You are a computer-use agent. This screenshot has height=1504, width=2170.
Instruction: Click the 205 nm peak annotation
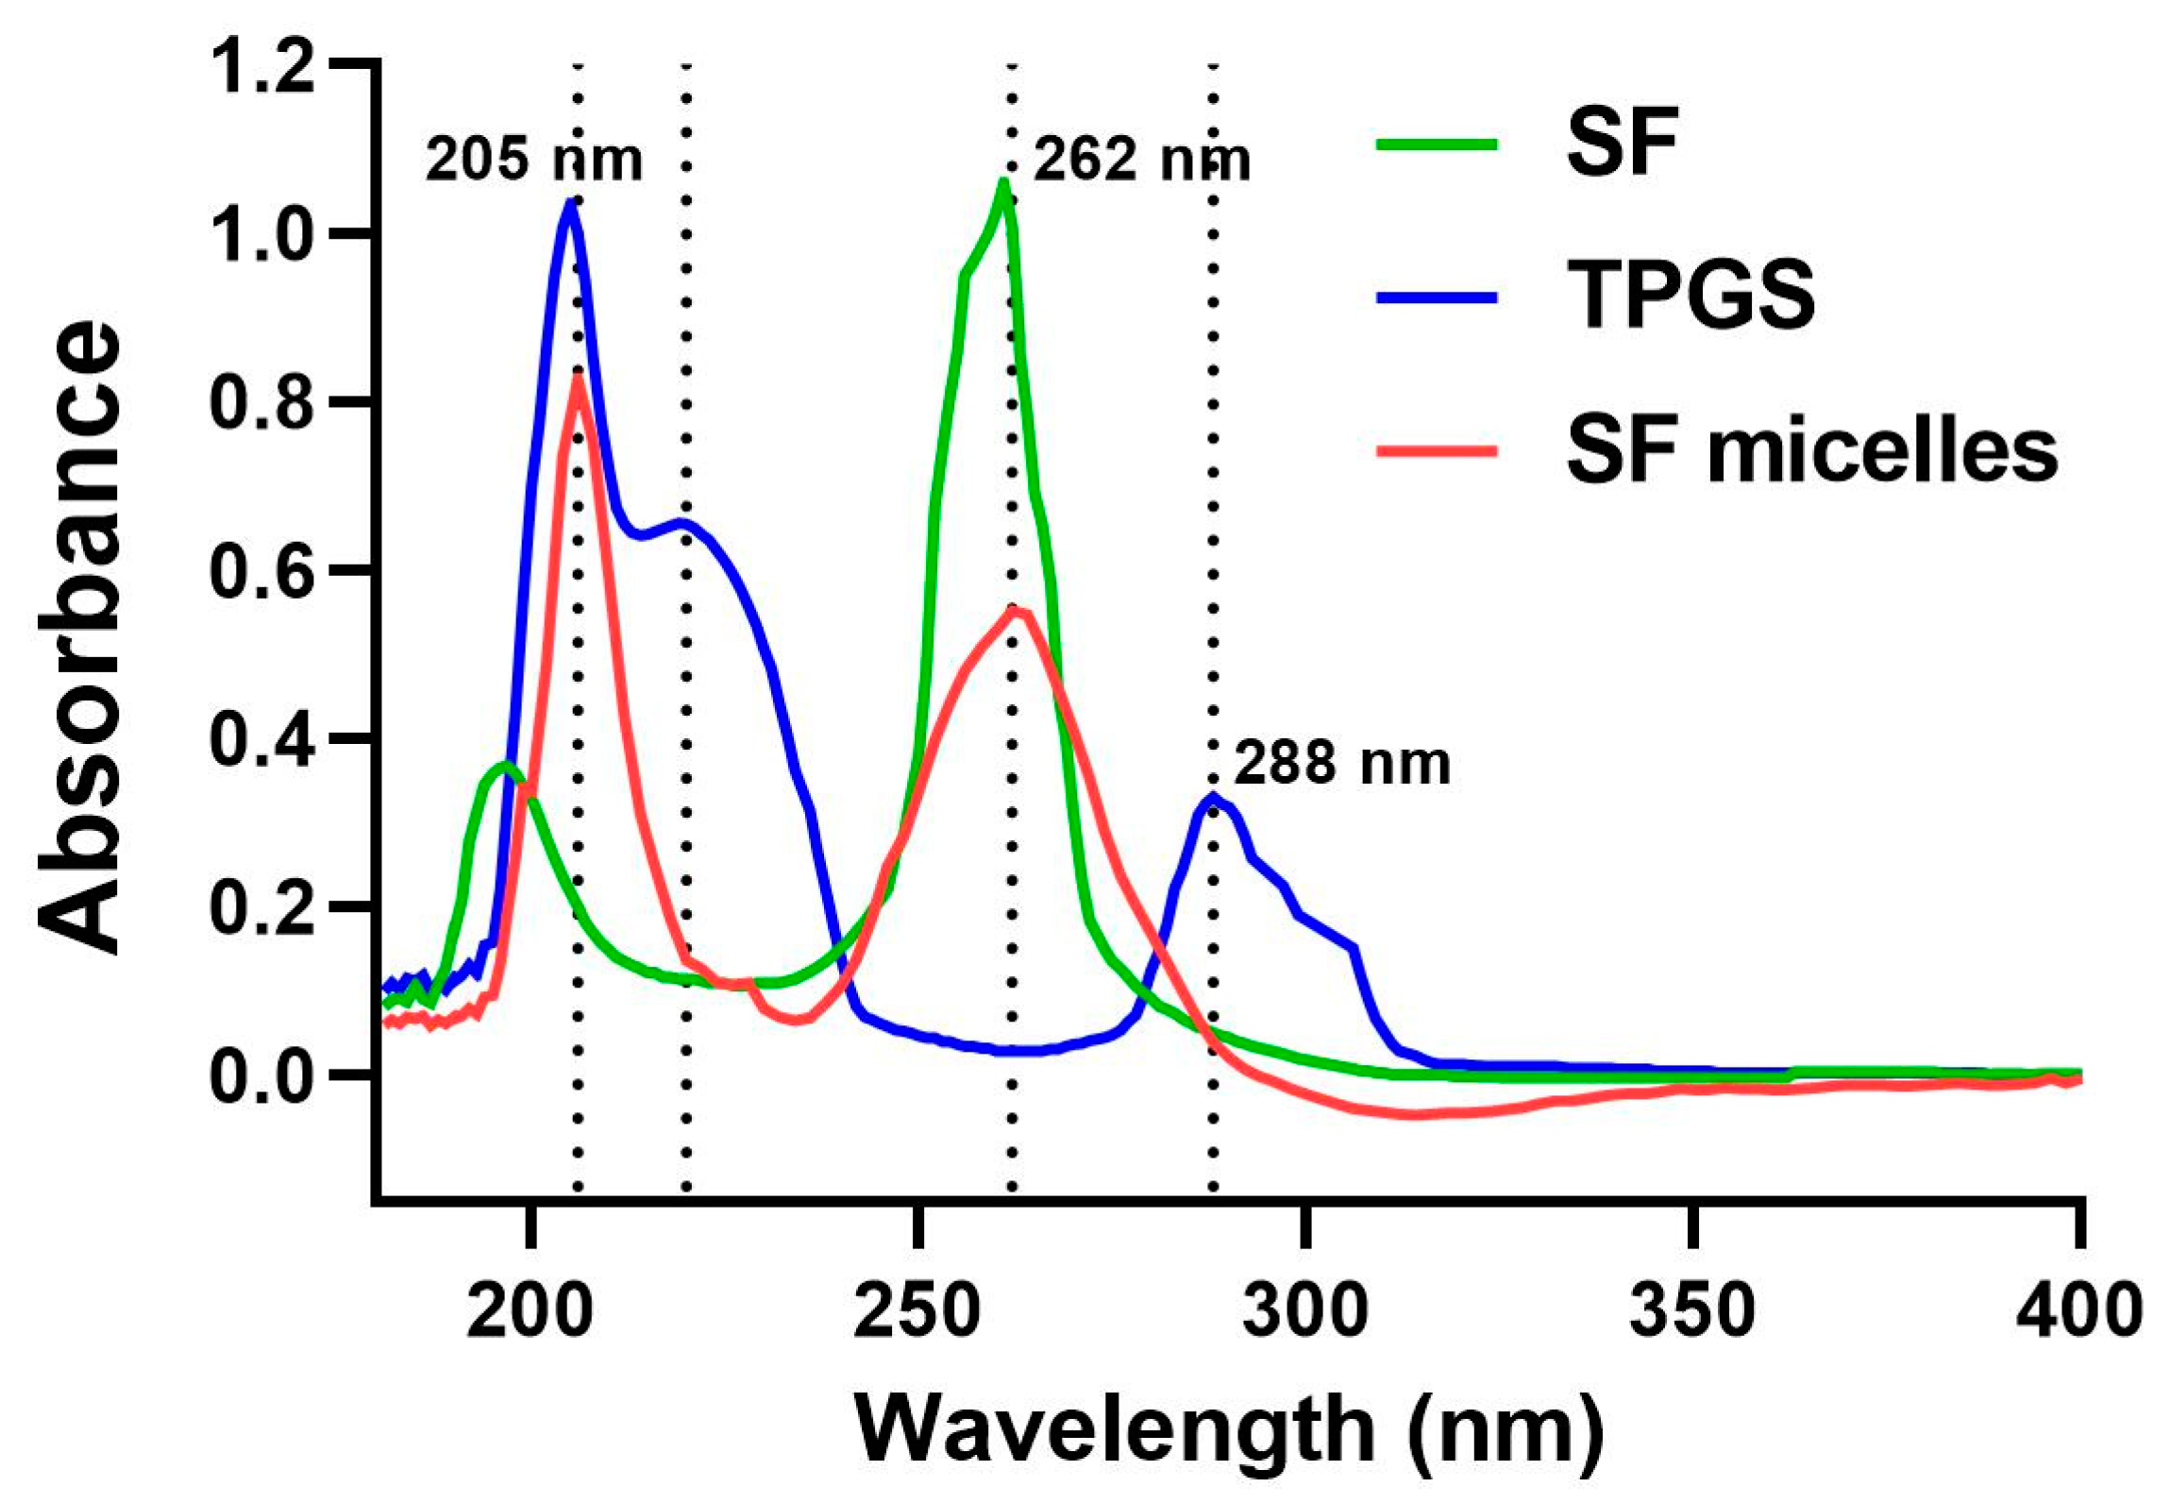(533, 160)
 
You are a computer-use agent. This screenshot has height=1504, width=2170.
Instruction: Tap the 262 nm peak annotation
(1141, 160)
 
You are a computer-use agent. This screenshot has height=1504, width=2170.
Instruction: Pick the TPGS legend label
(1691, 296)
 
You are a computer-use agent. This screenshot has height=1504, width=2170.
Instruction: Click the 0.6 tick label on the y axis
(261, 570)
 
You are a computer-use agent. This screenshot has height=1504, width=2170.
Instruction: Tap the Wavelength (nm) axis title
(1229, 1429)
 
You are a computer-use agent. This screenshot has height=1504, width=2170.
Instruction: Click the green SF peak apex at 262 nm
(1004, 181)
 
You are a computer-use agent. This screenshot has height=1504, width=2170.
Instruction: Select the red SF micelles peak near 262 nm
(1015, 609)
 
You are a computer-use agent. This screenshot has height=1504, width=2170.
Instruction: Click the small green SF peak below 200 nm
(506, 763)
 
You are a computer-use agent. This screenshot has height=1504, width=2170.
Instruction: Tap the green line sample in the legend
(1437, 144)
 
